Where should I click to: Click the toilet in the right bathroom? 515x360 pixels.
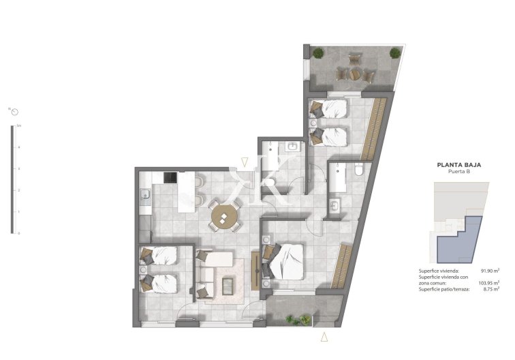(x=359, y=173)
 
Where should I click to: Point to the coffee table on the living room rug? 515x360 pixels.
(x=225, y=285)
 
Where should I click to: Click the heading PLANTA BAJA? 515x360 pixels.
(x=454, y=164)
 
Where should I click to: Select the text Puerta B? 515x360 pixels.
(x=454, y=172)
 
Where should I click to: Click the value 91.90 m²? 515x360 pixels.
(x=490, y=271)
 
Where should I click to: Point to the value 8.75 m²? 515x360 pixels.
(x=491, y=289)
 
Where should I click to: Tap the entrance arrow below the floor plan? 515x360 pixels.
(x=325, y=335)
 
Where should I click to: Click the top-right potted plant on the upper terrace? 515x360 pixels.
(x=394, y=52)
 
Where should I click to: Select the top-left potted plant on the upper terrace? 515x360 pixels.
(x=317, y=52)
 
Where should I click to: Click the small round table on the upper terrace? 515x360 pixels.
(x=354, y=69)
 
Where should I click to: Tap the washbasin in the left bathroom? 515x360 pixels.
(x=293, y=146)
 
